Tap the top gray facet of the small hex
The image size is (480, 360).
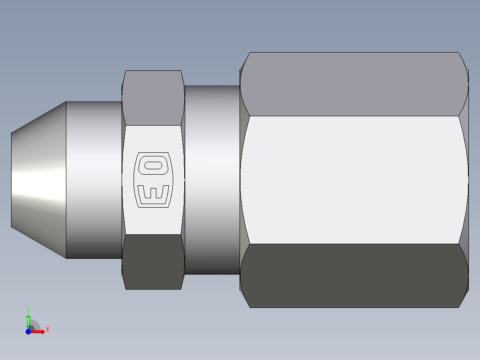pos(153,98)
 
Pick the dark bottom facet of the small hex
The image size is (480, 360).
pos(153,262)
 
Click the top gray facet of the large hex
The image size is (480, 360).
pos(354,84)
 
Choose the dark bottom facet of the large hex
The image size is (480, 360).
pos(354,275)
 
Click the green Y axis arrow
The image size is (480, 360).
pos(28,320)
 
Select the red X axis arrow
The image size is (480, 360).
pos(39,331)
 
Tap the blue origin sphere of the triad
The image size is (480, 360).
pos(28,331)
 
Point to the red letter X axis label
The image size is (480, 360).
pos(47,330)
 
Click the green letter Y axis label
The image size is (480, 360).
pos(28,310)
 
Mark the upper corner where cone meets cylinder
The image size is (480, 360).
pos(66,102)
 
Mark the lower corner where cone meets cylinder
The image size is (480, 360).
pos(66,258)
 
